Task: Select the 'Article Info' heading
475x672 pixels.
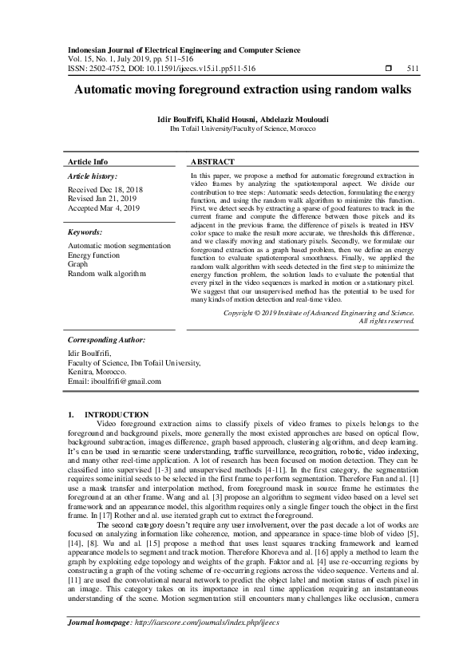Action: click(88, 161)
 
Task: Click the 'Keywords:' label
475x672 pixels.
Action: click(87, 231)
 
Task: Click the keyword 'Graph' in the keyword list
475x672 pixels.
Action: click(78, 263)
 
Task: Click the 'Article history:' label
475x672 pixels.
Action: click(93, 176)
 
